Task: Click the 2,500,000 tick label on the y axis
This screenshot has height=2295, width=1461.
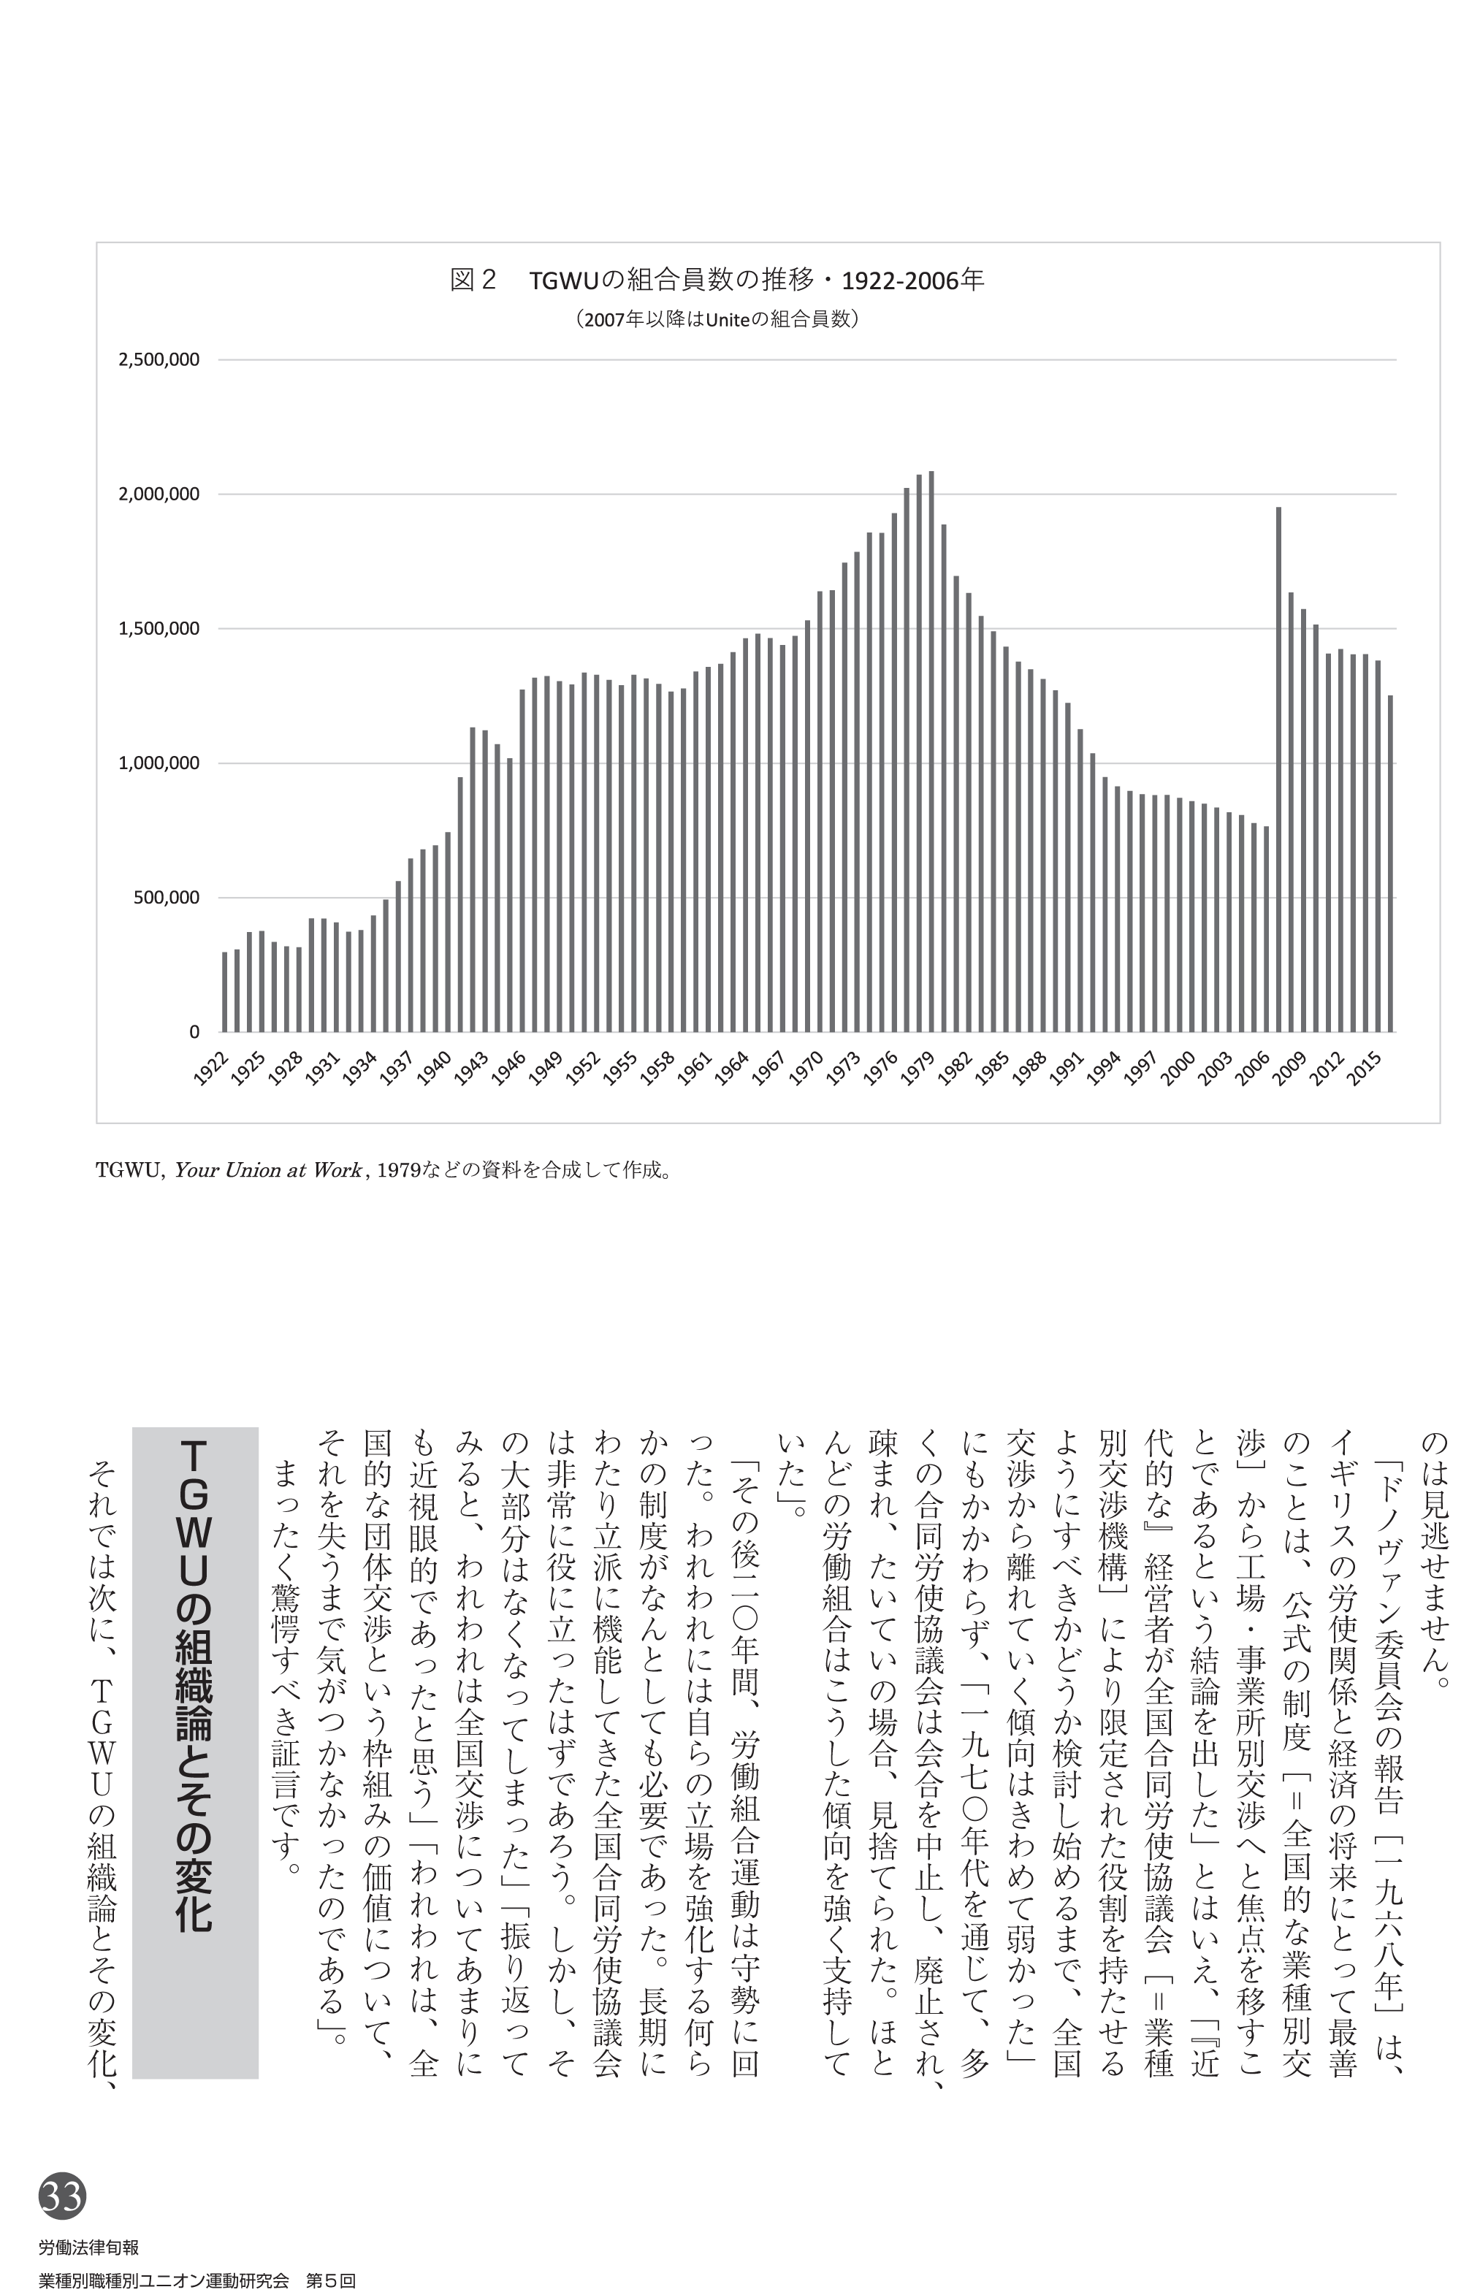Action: (x=159, y=360)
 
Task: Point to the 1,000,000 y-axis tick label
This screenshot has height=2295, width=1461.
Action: (x=159, y=763)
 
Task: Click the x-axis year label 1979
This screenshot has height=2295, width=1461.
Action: (x=918, y=1069)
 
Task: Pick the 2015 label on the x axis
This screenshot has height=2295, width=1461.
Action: (x=1364, y=1069)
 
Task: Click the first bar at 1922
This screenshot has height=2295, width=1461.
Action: (x=225, y=991)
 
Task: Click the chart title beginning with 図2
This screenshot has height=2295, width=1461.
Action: (x=717, y=280)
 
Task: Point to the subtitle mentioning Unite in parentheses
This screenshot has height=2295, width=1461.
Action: (x=717, y=319)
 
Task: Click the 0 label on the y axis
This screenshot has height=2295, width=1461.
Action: (x=194, y=1032)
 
